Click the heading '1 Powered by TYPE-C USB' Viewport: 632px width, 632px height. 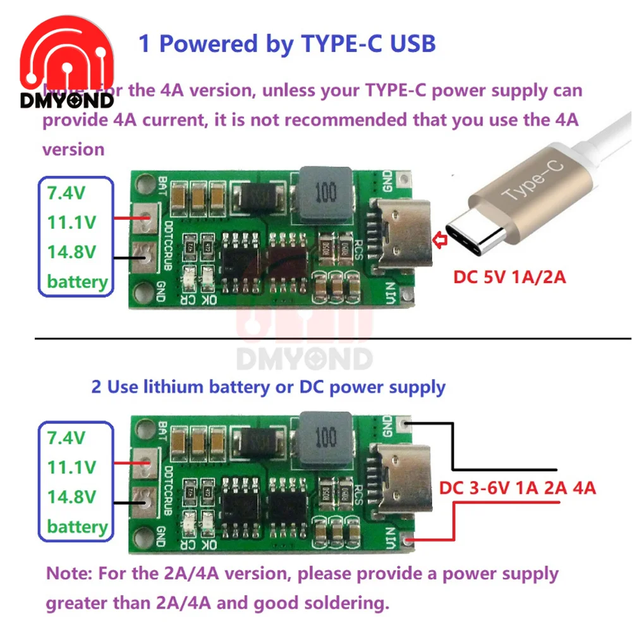click(287, 44)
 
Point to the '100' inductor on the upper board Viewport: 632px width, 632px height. click(325, 193)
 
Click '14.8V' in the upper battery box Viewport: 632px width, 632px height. click(71, 252)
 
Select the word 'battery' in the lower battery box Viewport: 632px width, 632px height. click(77, 526)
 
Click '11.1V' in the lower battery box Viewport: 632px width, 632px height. click(71, 468)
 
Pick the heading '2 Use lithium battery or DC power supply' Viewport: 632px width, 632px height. click(269, 386)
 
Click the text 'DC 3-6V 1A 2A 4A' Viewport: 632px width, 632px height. click(518, 487)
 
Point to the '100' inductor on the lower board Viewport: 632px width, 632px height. click(325, 436)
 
